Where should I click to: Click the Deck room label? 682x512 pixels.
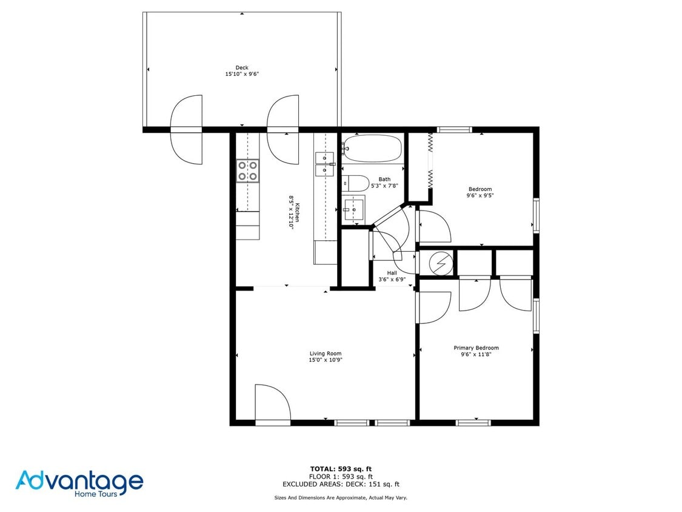click(x=242, y=68)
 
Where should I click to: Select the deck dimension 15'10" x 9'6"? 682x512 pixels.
click(x=242, y=74)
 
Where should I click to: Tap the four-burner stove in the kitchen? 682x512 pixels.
click(x=247, y=170)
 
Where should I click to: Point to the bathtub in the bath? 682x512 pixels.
click(x=372, y=148)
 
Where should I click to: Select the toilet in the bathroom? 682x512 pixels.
click(x=356, y=182)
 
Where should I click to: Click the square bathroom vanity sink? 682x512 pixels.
click(x=353, y=209)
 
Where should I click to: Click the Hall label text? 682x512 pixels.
click(x=392, y=273)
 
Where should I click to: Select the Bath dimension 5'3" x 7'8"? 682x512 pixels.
click(x=384, y=186)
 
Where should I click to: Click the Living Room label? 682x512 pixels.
click(x=326, y=354)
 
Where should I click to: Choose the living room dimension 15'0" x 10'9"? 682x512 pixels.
click(x=326, y=360)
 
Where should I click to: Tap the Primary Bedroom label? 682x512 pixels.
click(x=476, y=348)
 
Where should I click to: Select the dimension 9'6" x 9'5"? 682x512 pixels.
click(x=480, y=195)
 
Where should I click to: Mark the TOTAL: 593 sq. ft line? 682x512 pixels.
click(x=341, y=469)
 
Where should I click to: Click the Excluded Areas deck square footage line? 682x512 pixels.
click(x=341, y=484)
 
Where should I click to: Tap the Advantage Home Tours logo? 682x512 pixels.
click(x=79, y=483)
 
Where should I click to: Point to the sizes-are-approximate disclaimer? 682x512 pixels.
click(x=341, y=497)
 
